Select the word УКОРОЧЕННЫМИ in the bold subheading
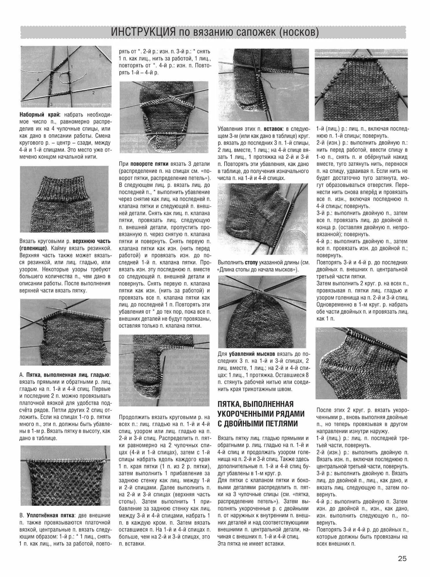(261, 414)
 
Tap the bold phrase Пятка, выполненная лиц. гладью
(68, 375)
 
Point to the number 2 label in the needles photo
(93, 93)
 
